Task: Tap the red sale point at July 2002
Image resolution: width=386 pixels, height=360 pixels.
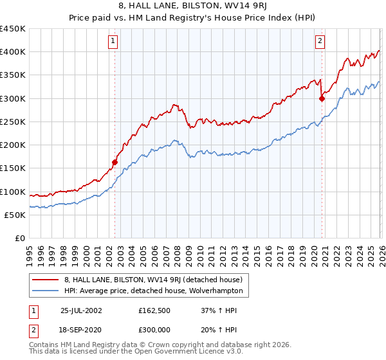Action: click(115, 163)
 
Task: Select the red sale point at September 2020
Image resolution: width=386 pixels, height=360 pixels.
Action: click(322, 98)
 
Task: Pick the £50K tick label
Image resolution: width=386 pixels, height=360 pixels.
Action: click(15, 215)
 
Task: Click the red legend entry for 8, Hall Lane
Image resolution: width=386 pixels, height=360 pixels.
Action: click(153, 280)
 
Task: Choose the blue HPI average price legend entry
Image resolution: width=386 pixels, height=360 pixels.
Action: click(153, 291)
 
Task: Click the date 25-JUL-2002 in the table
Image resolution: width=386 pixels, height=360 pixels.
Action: click(82, 310)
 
